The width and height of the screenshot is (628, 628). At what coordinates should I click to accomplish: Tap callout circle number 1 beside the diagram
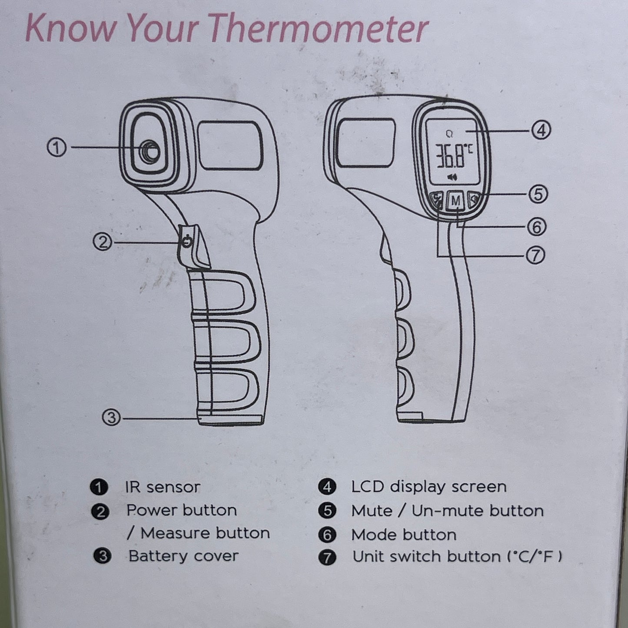coord(56,148)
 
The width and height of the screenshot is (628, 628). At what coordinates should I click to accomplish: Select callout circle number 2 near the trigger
coord(103,242)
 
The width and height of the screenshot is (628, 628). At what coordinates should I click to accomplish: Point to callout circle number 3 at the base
coord(111,418)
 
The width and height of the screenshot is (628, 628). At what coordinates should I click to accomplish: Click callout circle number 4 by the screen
coord(541,130)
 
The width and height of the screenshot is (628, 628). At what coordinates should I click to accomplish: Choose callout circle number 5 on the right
coord(538,194)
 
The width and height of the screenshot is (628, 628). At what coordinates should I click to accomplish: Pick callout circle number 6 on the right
coord(537,226)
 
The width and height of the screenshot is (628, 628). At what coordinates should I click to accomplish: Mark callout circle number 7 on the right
coord(535,256)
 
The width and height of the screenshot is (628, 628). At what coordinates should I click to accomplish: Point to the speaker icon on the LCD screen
coord(452,177)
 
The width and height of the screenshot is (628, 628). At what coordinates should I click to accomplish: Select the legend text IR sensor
coord(163,487)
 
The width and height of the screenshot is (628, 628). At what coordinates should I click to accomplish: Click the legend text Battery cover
coord(183,556)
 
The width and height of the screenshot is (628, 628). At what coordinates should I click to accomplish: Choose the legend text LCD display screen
coord(429,487)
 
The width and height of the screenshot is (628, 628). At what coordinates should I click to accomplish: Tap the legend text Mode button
coord(404,535)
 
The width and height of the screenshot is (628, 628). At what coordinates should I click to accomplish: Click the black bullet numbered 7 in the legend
coord(327,557)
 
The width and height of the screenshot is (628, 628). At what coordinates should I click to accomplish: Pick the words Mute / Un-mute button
coord(447,511)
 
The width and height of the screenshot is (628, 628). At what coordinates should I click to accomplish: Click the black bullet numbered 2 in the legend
coord(100,511)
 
